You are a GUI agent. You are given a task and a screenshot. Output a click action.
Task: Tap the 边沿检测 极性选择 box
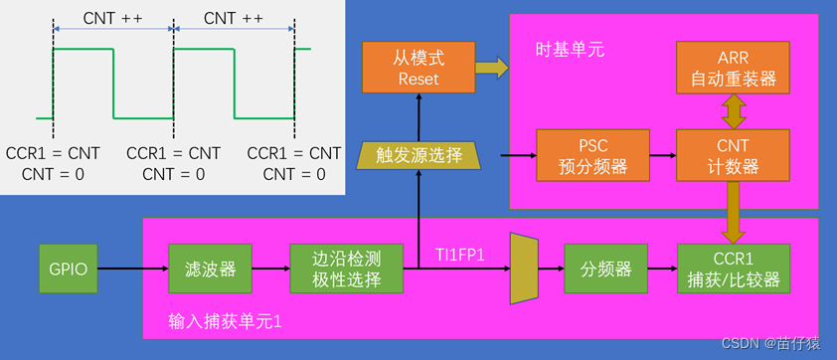[347, 268]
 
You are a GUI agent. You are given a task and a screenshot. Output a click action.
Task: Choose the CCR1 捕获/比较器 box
[733, 268]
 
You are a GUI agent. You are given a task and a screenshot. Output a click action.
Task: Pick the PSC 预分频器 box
[592, 155]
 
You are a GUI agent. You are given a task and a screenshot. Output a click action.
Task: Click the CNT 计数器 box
[733, 155]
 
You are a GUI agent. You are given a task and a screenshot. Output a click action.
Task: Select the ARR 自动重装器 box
[733, 67]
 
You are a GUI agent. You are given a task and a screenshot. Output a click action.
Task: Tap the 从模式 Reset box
[418, 67]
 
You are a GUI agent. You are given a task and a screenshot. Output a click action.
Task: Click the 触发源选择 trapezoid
[418, 154]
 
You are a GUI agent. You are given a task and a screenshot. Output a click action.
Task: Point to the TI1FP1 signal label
[460, 255]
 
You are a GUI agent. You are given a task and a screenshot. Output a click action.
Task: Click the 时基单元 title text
[568, 49]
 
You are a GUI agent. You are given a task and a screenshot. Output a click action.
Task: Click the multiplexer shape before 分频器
[523, 268]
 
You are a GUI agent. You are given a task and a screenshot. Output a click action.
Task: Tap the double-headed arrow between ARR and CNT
[733, 110]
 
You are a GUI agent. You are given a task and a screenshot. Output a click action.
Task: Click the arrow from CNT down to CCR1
[733, 212]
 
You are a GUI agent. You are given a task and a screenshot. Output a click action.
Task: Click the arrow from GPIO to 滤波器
[135, 269]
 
